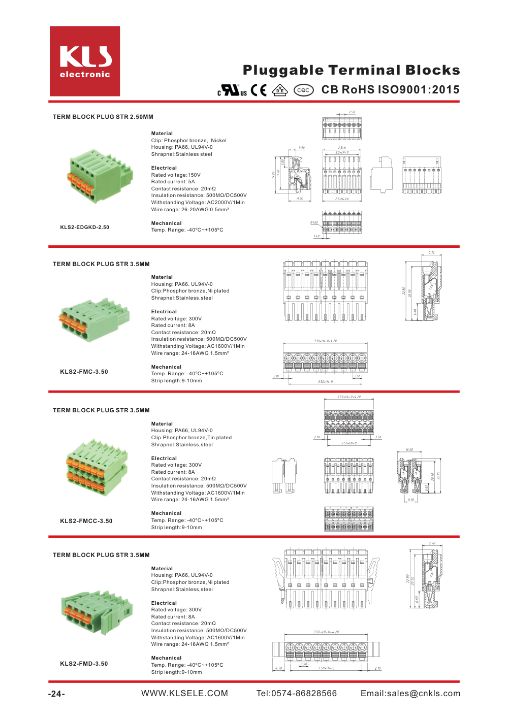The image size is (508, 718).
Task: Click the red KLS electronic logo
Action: coord(85,61)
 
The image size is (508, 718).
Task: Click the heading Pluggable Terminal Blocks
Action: coord(351,70)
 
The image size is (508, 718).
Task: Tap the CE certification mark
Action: coord(259,90)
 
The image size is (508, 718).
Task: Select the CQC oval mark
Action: coord(303,90)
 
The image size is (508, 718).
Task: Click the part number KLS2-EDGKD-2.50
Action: coord(85,227)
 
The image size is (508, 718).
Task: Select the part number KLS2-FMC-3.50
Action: coord(84,372)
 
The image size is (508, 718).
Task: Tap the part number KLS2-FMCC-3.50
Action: coord(86,521)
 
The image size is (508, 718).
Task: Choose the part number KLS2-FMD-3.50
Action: coord(84,664)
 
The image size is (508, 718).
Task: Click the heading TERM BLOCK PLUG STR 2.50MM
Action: coord(103,117)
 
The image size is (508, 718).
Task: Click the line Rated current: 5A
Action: coord(173,182)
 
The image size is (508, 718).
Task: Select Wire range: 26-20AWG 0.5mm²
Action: coord(190,210)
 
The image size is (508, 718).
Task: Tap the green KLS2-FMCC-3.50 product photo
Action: coord(97,467)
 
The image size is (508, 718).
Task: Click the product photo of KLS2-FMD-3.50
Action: coord(97,611)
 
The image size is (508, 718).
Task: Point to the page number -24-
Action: coord(56,694)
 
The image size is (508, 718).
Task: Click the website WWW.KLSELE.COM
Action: coord(184,694)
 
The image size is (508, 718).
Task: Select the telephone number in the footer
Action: coord(297,694)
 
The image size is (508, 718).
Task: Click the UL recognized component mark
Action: coord(232,90)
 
